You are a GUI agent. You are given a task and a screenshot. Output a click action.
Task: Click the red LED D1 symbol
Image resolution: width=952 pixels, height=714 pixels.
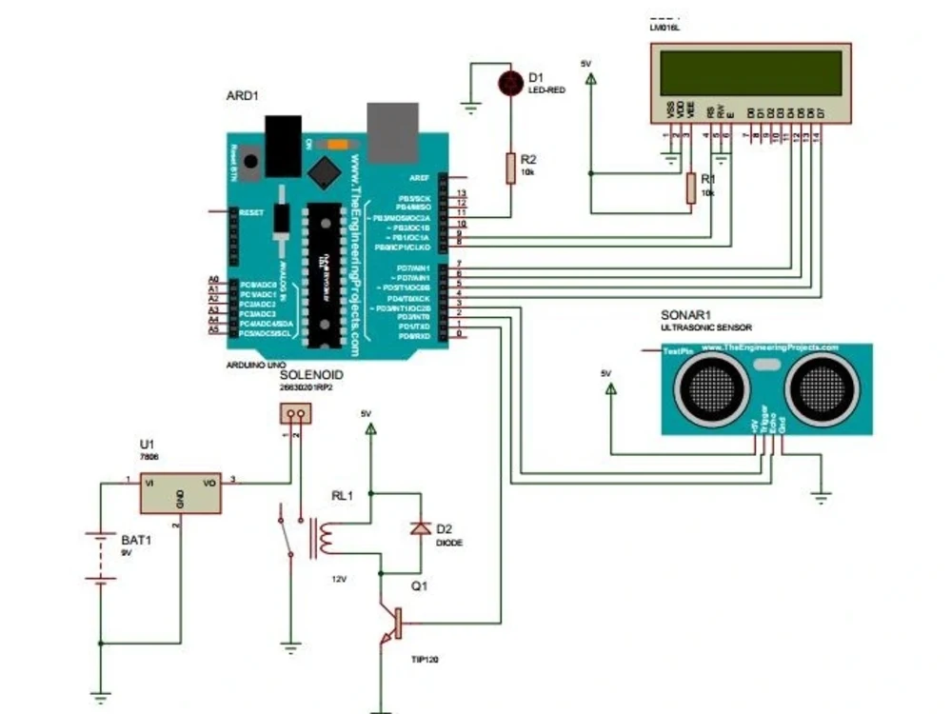point(511,83)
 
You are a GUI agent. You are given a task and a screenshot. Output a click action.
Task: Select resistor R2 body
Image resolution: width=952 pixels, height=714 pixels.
point(511,168)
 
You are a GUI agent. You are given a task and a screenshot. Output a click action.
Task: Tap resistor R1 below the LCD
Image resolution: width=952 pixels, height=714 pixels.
point(690,188)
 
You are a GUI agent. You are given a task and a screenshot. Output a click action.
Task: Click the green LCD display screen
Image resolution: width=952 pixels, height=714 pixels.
point(750,73)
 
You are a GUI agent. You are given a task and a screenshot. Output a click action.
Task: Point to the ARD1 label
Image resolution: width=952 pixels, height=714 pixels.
point(242,95)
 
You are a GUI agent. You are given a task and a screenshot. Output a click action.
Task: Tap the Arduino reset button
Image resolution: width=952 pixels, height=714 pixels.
point(250,162)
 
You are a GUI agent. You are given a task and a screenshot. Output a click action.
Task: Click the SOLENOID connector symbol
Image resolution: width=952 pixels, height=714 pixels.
point(295,413)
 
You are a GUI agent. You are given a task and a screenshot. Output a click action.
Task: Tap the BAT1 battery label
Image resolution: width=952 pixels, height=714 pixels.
point(136,540)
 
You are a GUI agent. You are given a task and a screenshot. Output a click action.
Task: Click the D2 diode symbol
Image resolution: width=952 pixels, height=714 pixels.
point(418,529)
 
